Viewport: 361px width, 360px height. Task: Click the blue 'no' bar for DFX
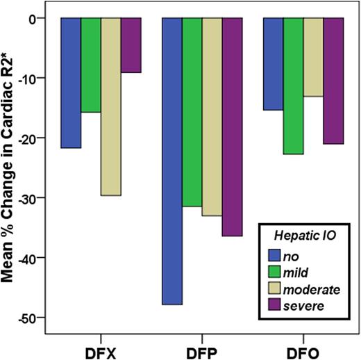click(x=71, y=83)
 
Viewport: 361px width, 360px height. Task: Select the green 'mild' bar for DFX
click(x=91, y=65)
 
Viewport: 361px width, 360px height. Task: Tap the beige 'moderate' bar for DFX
click(x=111, y=106)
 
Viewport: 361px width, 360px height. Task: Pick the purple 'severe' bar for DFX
click(x=131, y=45)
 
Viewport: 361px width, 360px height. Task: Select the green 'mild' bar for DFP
click(x=192, y=112)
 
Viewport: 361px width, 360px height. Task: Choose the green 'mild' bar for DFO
click(x=294, y=86)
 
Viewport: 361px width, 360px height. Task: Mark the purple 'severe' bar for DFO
click(x=334, y=81)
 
